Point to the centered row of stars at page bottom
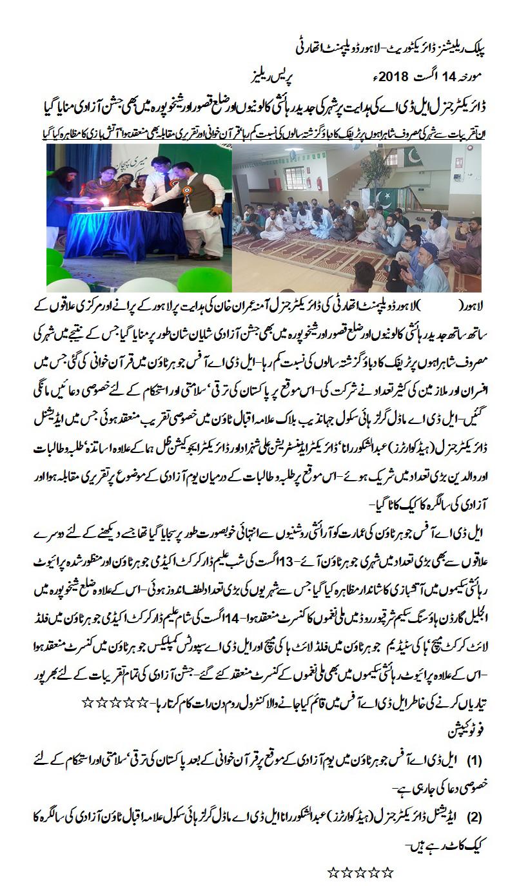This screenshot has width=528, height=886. tap(360, 874)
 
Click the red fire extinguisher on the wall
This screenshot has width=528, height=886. tap(318, 184)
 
